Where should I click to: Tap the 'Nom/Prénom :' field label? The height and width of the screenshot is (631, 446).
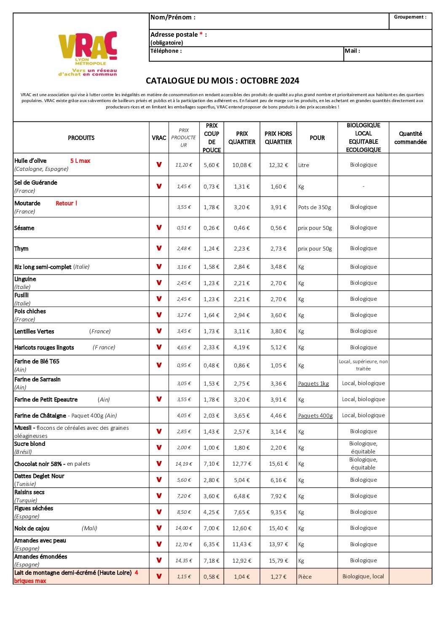pos(173,17)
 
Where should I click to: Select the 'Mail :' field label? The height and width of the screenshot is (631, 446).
pos(352,51)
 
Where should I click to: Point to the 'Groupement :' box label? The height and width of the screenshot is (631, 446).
pos(410,17)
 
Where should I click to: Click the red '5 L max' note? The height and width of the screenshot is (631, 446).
pos(80,161)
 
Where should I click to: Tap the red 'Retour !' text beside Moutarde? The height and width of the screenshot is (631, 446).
pos(66,203)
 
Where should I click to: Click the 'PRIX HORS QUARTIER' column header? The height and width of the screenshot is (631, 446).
pos(278,138)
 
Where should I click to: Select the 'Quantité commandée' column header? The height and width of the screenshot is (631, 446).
pos(410,138)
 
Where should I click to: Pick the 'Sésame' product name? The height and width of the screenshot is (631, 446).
pos(24,228)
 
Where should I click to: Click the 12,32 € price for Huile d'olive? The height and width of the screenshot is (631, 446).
pos(278,165)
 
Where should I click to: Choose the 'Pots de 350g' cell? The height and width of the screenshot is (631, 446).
pos(314,208)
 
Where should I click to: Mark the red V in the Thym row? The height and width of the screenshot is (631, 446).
pos(159,248)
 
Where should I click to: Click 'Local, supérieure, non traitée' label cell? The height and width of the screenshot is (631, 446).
pos(363,365)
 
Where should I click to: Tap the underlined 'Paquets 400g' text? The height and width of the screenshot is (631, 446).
pos(315,416)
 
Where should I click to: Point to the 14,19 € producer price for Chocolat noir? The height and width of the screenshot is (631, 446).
pos(184,464)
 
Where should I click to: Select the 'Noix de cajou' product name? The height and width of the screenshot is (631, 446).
pos(32,529)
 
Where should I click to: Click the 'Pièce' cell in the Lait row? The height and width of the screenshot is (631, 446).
pos(305,577)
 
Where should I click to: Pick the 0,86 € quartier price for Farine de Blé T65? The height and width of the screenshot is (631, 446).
pos(242,366)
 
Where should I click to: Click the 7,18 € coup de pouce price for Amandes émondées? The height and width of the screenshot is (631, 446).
pos(211,561)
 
